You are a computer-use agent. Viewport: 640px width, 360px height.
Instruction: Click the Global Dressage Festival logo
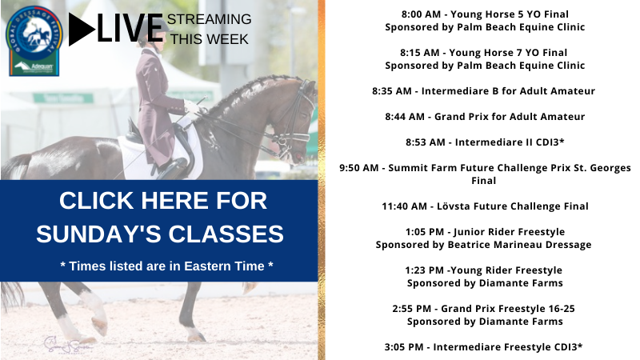click(x=34, y=41)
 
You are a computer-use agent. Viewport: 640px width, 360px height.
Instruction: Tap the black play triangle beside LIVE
click(x=82, y=29)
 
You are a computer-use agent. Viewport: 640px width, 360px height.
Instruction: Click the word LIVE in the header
click(x=130, y=29)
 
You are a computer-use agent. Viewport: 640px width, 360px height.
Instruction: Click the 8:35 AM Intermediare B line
click(x=483, y=91)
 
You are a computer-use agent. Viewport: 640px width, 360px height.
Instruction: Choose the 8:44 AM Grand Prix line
click(x=485, y=117)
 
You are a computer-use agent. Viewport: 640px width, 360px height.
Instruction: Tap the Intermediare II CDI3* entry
click(x=510, y=142)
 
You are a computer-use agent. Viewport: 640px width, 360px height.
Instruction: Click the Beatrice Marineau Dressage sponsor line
click(x=483, y=245)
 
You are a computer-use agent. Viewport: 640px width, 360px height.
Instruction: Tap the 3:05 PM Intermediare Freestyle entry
click(x=483, y=347)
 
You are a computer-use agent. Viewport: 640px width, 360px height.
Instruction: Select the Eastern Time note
click(x=166, y=266)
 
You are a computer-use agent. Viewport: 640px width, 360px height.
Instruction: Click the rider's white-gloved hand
click(x=190, y=106)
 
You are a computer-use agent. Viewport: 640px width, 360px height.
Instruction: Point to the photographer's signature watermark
click(x=67, y=345)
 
